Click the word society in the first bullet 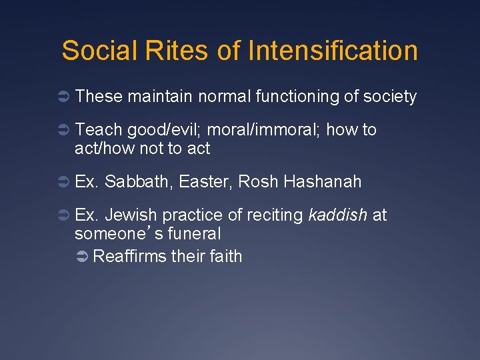click(390, 97)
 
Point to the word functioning click(297, 97)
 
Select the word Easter click(209, 181)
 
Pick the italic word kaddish click(338, 215)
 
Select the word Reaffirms click(130, 256)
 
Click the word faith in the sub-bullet click(224, 256)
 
